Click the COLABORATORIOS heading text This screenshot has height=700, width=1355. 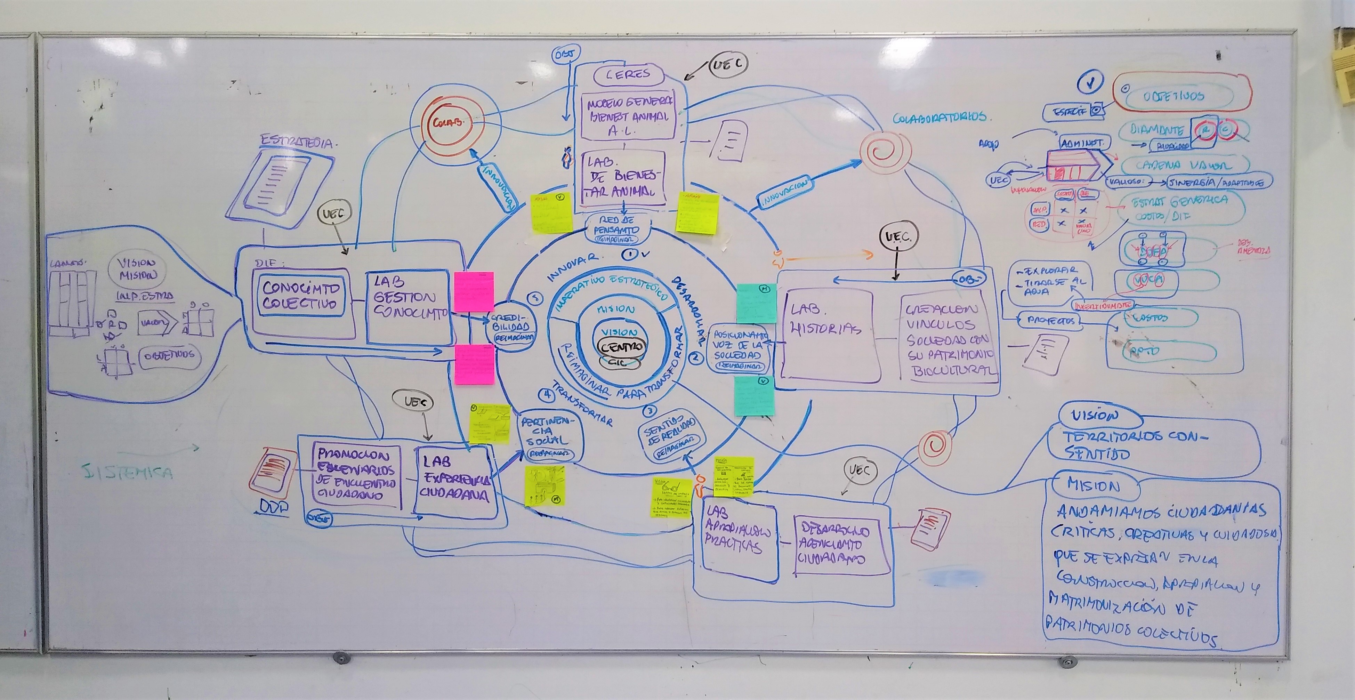(x=939, y=117)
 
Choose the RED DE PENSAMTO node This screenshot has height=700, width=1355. (x=617, y=229)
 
